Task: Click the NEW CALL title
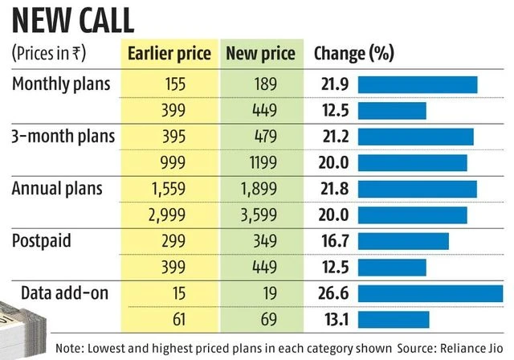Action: (69, 18)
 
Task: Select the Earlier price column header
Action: (169, 54)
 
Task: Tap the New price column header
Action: (260, 54)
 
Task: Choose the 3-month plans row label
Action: (63, 136)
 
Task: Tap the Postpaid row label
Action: (43, 240)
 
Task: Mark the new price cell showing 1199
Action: (260, 162)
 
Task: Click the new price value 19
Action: (260, 292)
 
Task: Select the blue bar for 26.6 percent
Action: (430, 292)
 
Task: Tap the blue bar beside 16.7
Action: (403, 241)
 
